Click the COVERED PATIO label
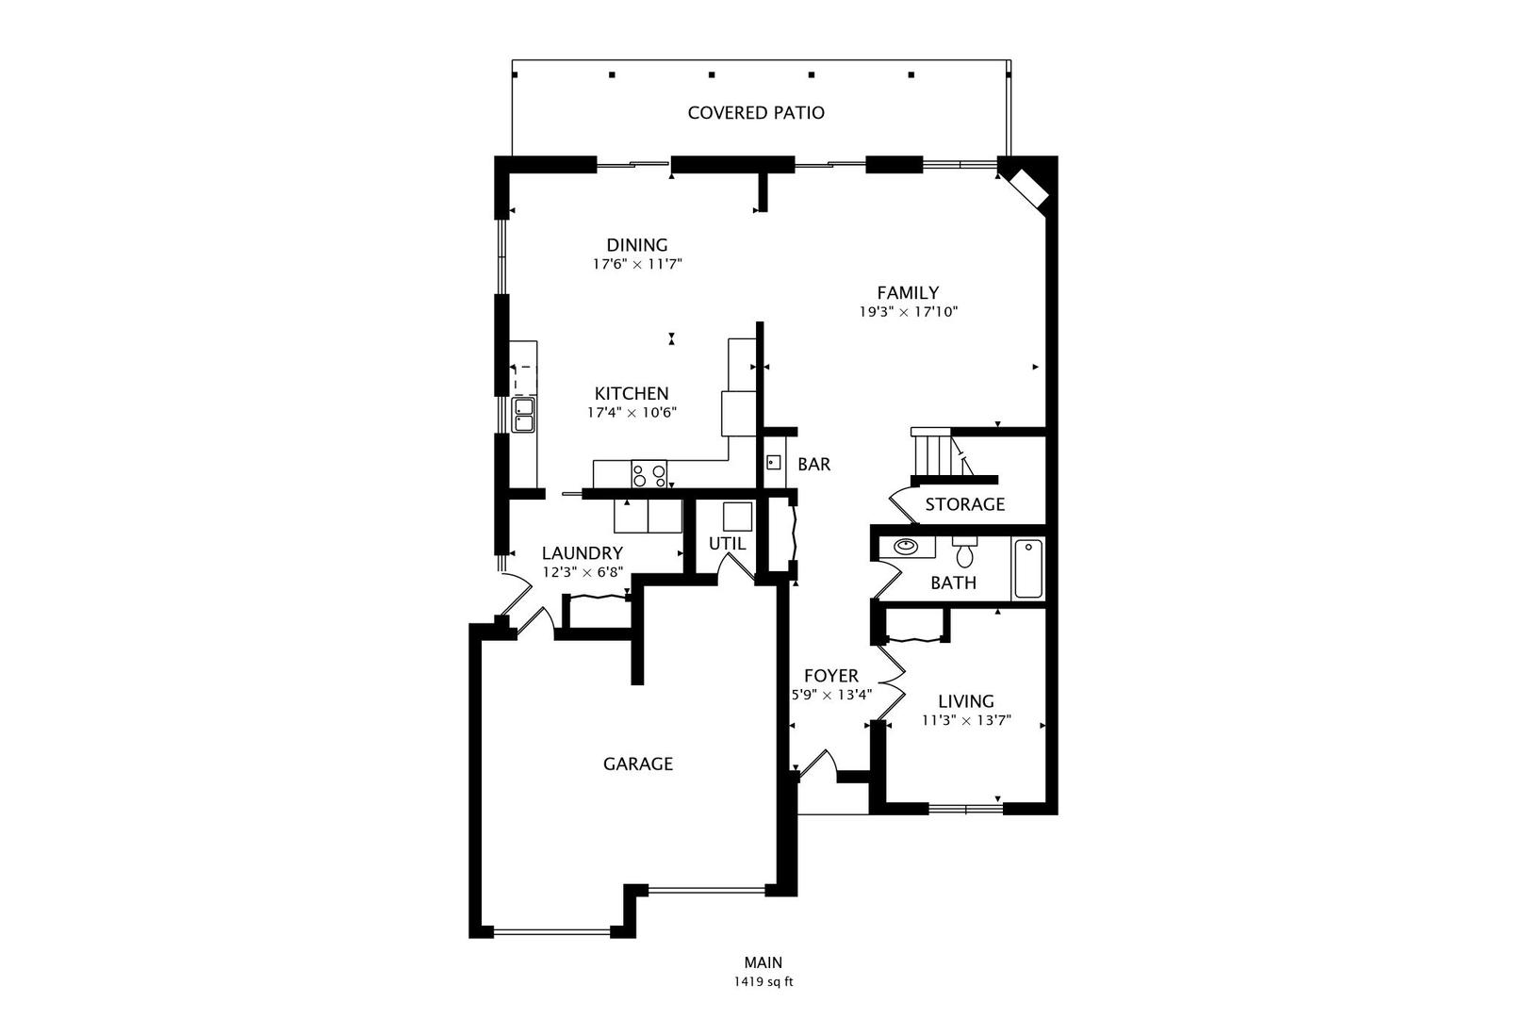756,113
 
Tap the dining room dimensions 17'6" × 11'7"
636,265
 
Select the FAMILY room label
908,293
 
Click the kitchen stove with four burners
649,473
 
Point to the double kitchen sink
523,415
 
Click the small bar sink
773,462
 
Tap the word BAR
813,465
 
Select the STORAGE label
964,504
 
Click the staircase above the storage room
933,454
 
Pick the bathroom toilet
963,552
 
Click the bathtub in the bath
1027,568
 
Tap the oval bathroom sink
906,546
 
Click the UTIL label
727,544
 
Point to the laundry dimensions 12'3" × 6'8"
583,572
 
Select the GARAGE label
638,763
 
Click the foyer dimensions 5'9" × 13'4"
830,695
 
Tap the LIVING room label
966,701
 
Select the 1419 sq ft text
763,981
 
